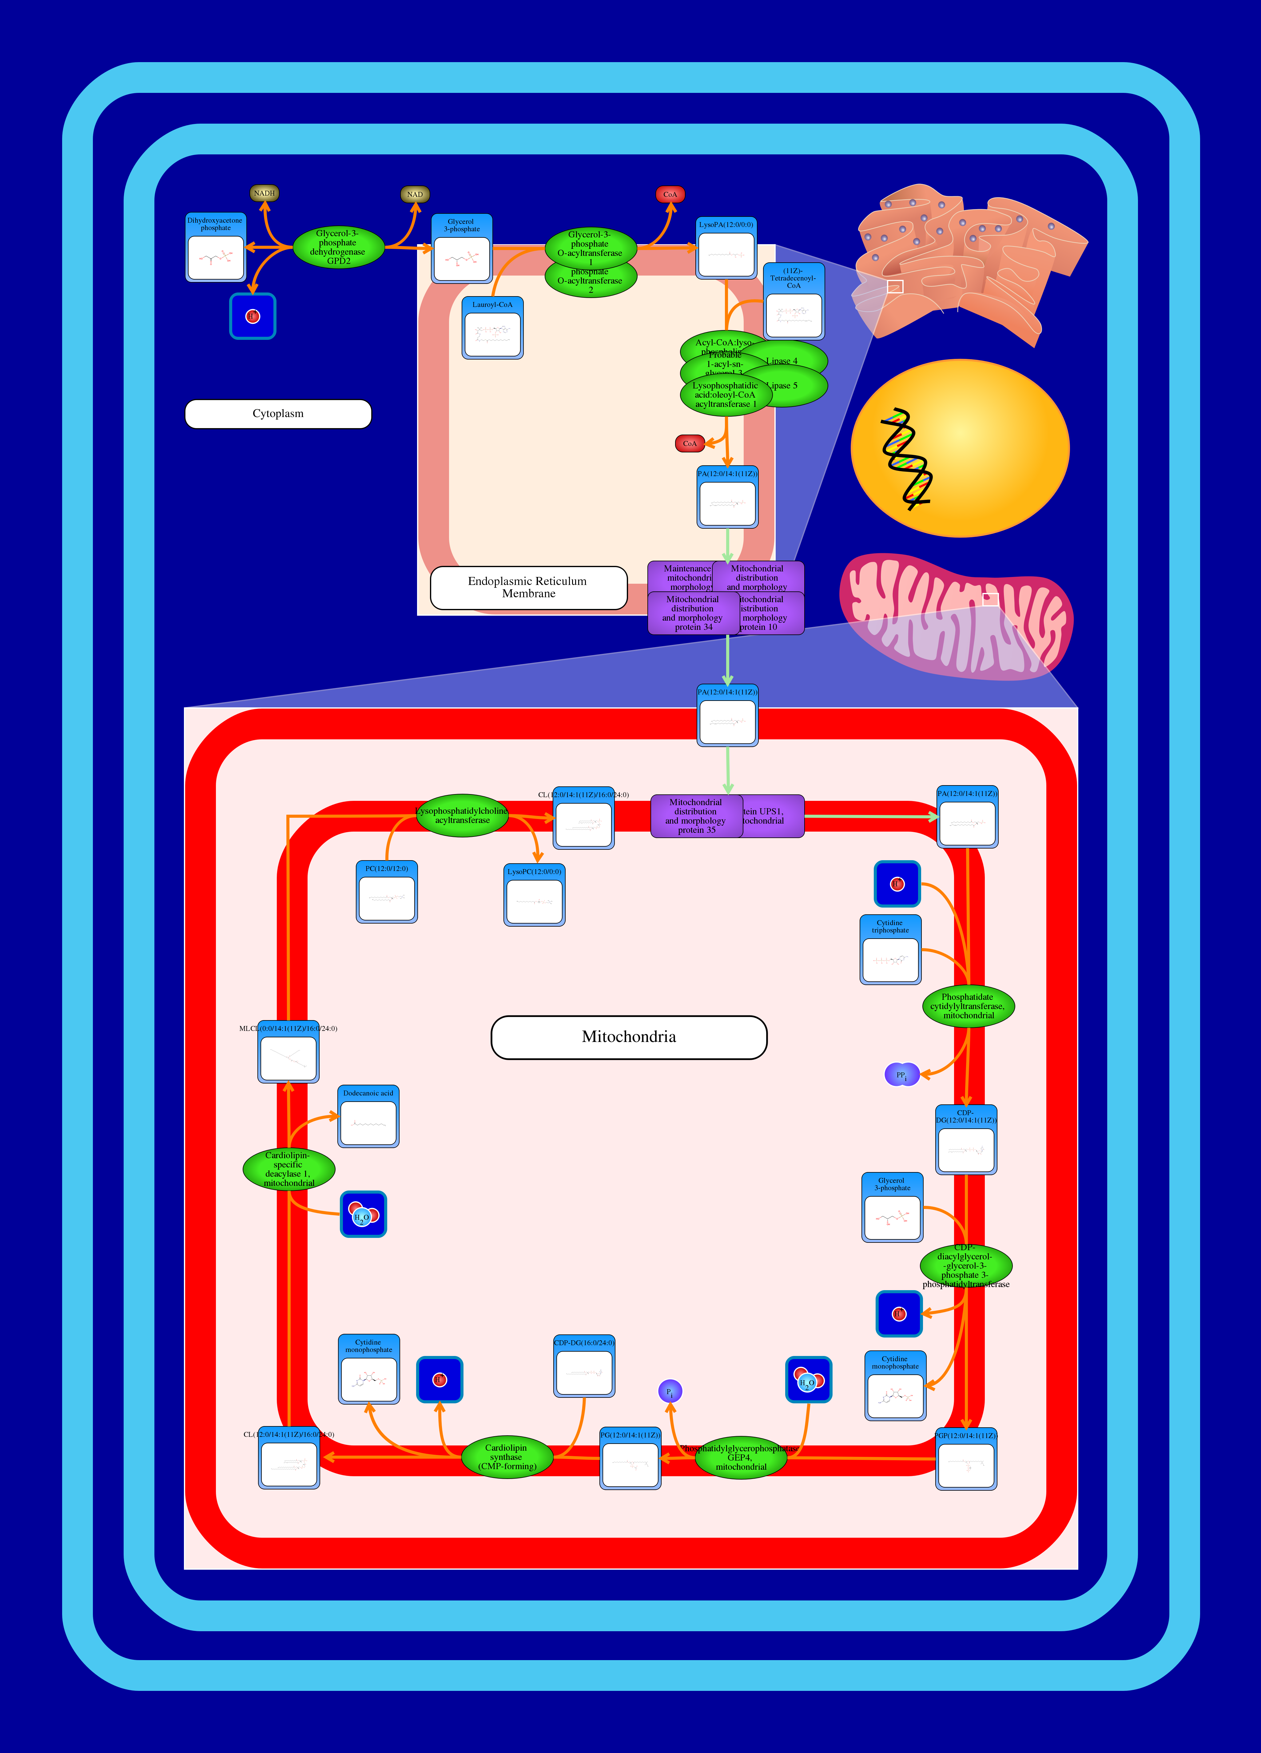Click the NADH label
click(x=265, y=193)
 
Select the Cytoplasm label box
click(x=278, y=414)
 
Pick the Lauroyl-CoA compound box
click(x=492, y=328)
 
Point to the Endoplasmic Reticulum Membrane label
click(x=528, y=587)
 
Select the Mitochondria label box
click(x=629, y=1037)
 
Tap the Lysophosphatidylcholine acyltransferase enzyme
click(x=462, y=815)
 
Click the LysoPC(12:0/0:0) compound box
click(x=534, y=895)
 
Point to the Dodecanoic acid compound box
click(x=368, y=1117)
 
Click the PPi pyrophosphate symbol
click(x=901, y=1075)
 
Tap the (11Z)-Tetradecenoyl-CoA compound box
click(x=793, y=301)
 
